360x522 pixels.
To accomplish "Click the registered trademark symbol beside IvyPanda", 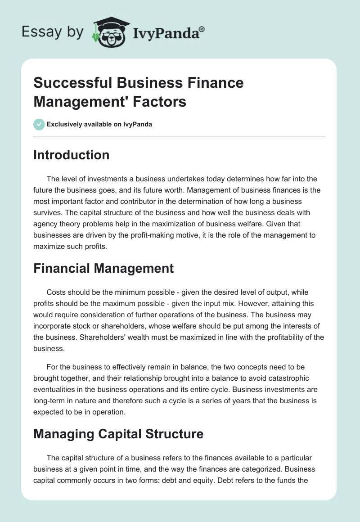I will pos(202,29).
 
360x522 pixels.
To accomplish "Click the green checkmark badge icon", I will pos(39,124).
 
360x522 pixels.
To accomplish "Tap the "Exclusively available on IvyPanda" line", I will pos(99,124).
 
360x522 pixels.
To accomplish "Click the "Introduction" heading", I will pos(72,155).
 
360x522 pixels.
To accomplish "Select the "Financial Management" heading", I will pos(103,268).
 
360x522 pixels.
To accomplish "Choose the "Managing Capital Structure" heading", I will pos(118,434).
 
